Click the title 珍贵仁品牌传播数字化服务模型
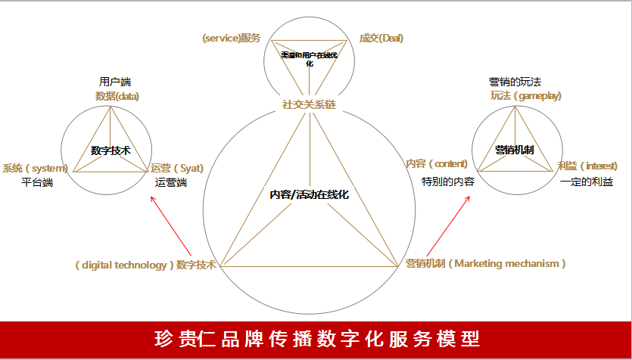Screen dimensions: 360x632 click(x=316, y=337)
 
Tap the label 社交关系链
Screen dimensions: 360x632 click(x=309, y=104)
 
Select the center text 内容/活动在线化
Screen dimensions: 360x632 click(x=309, y=194)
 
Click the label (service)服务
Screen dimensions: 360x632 click(x=231, y=38)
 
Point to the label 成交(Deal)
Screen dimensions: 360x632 click(x=381, y=38)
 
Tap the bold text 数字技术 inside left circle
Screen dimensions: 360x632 click(x=111, y=151)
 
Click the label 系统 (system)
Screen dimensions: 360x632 click(x=35, y=168)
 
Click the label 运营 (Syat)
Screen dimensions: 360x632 click(x=178, y=168)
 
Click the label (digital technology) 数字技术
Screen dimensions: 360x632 click(x=145, y=264)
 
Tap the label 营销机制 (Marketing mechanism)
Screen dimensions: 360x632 click(x=485, y=263)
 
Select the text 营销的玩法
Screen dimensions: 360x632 click(x=515, y=82)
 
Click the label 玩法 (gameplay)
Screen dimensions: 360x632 click(x=526, y=96)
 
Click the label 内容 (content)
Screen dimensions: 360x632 click(x=437, y=163)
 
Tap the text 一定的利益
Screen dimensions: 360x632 click(x=587, y=182)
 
